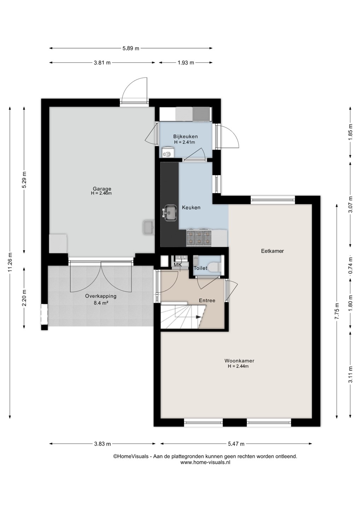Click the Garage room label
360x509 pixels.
[x=102, y=189]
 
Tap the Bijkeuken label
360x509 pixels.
[x=185, y=136]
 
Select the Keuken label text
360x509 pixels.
[x=191, y=207]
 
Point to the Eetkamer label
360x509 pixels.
[x=272, y=251]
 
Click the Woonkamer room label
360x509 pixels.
[x=239, y=361]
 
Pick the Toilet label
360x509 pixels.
[x=200, y=268]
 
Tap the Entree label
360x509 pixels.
[x=207, y=300]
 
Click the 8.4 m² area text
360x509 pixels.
[x=101, y=303]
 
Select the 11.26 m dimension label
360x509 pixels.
[x=10, y=262]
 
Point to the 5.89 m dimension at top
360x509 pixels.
[x=131, y=48]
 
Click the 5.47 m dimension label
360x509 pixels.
[x=236, y=444]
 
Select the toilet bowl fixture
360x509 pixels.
[x=215, y=267]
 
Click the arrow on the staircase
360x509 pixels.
[x=197, y=317]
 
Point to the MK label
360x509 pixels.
[x=178, y=265]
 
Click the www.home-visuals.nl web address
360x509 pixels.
[x=205, y=462]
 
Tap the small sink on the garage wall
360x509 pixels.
[x=149, y=227]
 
